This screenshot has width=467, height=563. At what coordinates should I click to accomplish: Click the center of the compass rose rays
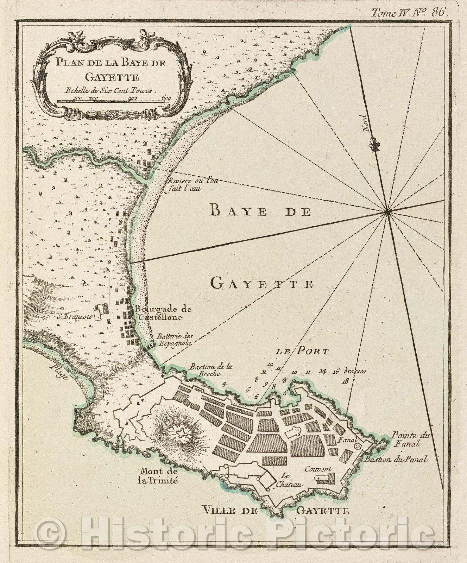click(x=386, y=211)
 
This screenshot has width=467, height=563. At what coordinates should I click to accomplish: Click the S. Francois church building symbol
click(x=100, y=311)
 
